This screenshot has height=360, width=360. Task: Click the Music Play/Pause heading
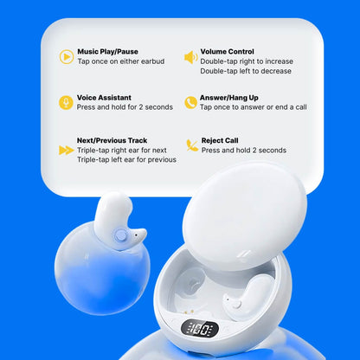(107, 52)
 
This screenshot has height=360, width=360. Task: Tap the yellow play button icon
(66, 57)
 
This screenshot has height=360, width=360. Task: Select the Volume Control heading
(227, 52)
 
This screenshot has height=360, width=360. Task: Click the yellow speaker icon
(190, 57)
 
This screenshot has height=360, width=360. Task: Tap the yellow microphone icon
(66, 103)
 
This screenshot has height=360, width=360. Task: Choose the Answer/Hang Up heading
(228, 98)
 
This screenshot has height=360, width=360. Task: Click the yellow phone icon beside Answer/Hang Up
(190, 103)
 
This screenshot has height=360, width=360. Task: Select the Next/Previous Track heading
(112, 140)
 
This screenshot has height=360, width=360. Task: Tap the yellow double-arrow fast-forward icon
(66, 150)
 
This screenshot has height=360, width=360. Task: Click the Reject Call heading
(222, 140)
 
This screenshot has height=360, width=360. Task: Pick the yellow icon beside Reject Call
(192, 145)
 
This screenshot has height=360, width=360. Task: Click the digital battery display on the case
(201, 330)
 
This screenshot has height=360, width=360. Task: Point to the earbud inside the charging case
(235, 302)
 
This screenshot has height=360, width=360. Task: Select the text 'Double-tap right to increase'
(246, 61)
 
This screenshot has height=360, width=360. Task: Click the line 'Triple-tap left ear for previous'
(126, 159)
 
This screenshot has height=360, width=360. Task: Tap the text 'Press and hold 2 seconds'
(243, 150)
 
